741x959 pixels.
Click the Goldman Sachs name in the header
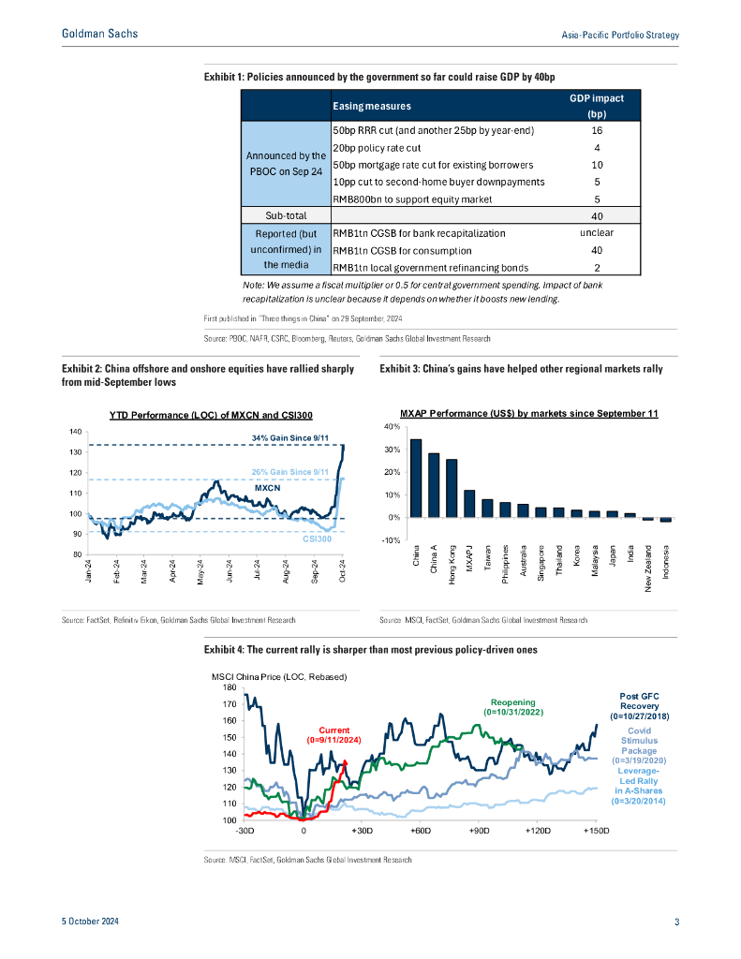tap(99, 34)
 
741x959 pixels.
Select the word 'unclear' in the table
tap(596, 232)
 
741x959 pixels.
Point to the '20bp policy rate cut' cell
tap(375, 147)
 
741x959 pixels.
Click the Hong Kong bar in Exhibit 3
tap(452, 488)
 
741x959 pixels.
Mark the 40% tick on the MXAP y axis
tap(392, 427)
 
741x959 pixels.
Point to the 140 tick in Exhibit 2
tap(75, 432)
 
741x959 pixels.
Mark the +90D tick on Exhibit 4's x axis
tap(478, 831)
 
